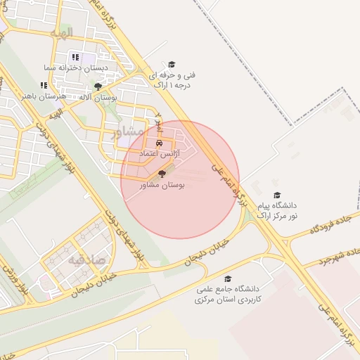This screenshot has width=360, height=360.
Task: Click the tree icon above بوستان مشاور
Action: point(162,174)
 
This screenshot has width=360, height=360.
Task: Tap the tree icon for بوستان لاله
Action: point(98,86)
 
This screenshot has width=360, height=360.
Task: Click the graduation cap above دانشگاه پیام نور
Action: point(276,195)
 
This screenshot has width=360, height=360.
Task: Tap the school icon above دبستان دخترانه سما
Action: point(75,58)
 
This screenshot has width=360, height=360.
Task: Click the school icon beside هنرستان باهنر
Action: point(43,85)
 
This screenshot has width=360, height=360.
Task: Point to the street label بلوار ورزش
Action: point(15,278)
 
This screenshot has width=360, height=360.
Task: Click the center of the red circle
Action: point(180,179)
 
